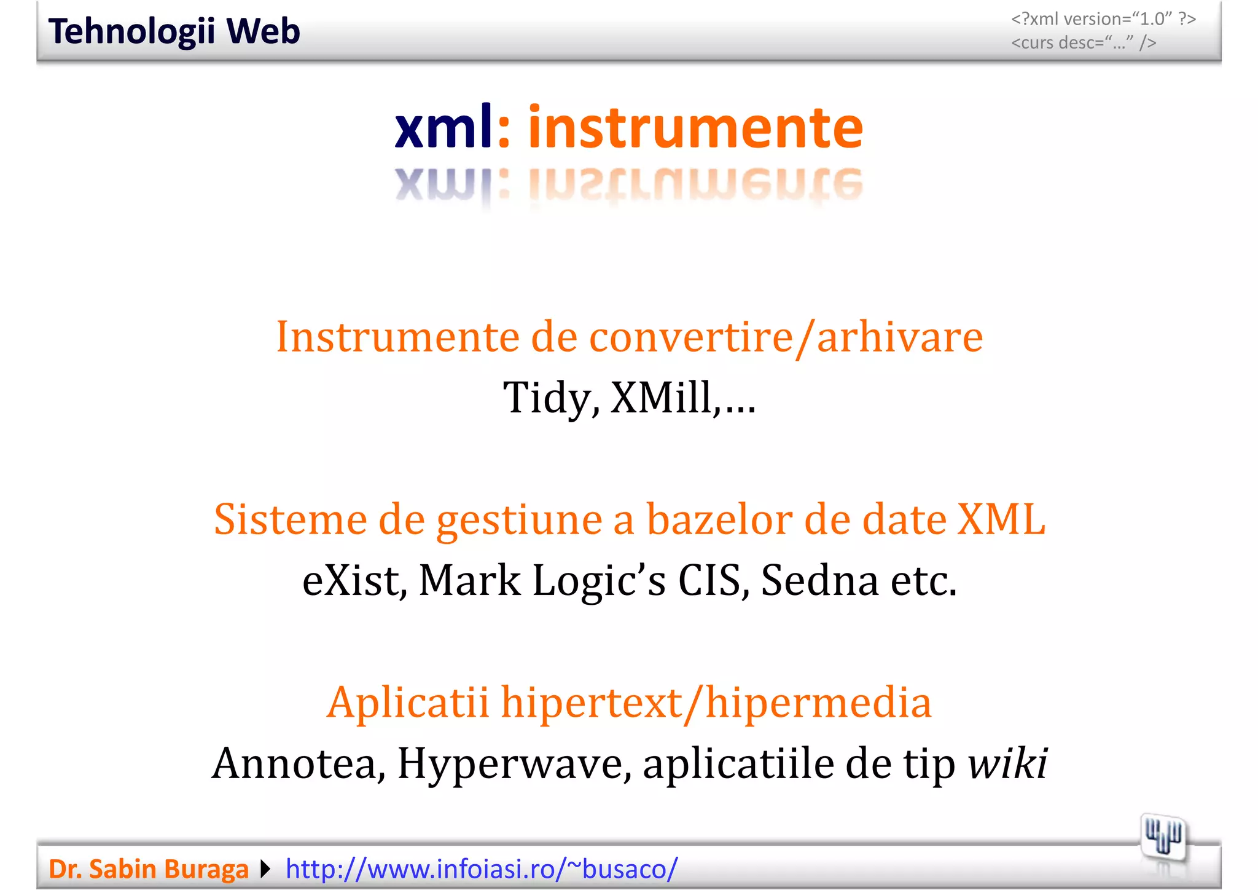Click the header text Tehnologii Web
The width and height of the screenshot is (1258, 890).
(174, 32)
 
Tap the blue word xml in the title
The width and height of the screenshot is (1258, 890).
(443, 127)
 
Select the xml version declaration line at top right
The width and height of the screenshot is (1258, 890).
(1103, 19)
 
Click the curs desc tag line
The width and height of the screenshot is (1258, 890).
(1084, 43)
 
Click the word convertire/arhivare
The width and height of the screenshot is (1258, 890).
(786, 337)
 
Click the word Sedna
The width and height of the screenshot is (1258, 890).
(819, 580)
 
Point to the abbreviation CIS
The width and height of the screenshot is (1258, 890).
(709, 580)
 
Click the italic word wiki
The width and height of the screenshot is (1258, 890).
(1007, 763)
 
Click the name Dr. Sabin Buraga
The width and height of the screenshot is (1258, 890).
(149, 869)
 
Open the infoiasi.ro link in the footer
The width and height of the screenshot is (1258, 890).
(482, 869)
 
